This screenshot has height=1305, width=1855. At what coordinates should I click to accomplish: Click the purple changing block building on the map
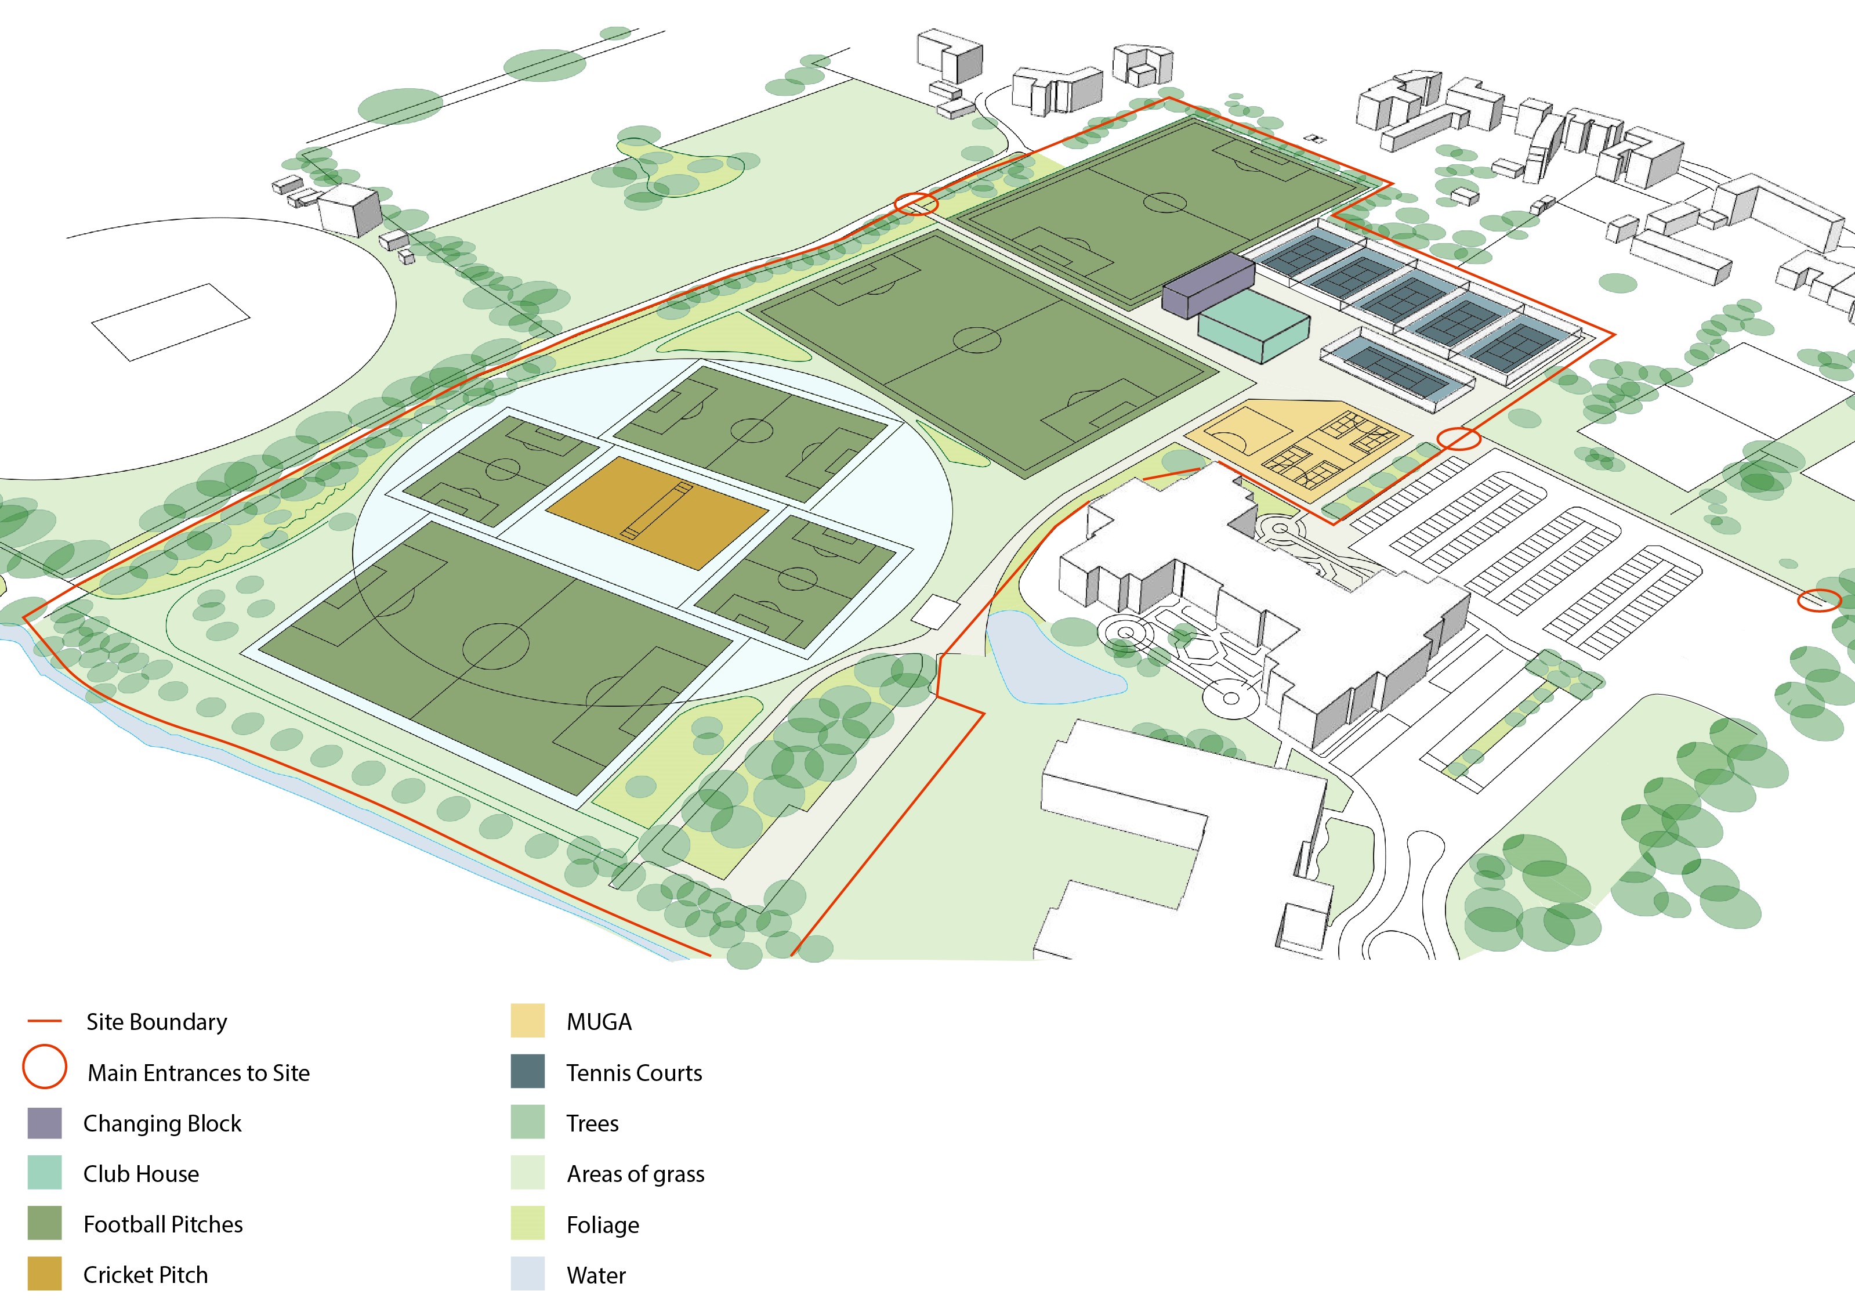1207,284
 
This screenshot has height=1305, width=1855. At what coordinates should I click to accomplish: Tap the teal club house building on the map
1253,325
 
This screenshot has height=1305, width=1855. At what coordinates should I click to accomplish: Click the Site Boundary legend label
157,1022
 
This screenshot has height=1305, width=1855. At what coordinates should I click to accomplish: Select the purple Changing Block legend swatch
45,1123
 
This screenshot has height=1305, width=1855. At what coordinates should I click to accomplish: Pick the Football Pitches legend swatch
45,1223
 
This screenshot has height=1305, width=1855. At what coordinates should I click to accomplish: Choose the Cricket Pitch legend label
146,1275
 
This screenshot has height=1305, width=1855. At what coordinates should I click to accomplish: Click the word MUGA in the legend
599,1022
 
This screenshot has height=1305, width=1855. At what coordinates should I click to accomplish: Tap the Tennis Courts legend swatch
528,1072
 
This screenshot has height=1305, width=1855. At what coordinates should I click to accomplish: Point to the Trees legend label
592,1123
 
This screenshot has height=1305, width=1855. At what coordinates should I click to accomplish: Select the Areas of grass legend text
635,1174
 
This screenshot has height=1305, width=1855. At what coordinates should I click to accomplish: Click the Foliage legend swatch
528,1223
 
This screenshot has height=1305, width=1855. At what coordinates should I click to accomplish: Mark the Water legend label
596,1275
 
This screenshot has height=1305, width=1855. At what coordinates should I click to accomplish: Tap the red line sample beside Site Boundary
45,1021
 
